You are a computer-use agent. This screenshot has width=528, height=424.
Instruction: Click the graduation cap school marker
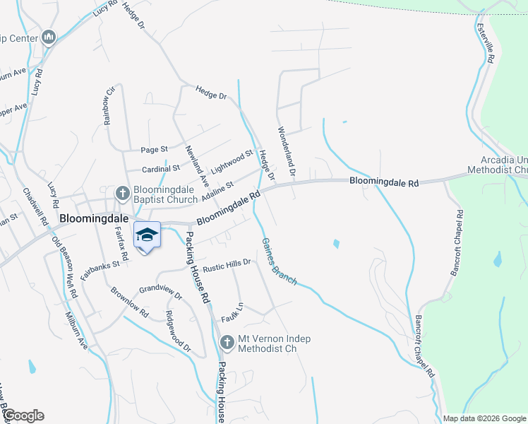point(147,235)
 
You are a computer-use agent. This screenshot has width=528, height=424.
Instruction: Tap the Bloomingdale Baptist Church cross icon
point(121,193)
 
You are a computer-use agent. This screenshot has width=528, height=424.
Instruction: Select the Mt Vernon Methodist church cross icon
point(227,343)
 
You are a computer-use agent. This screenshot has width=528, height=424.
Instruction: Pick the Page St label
point(154,150)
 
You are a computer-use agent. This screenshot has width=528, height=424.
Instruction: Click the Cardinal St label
point(161,169)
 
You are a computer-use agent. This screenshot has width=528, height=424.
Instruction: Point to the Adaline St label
point(218,189)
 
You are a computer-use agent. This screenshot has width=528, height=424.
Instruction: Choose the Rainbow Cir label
point(109,106)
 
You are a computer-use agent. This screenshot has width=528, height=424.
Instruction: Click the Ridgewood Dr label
point(178,330)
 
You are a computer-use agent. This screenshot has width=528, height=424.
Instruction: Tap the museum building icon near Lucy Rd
point(49,36)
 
